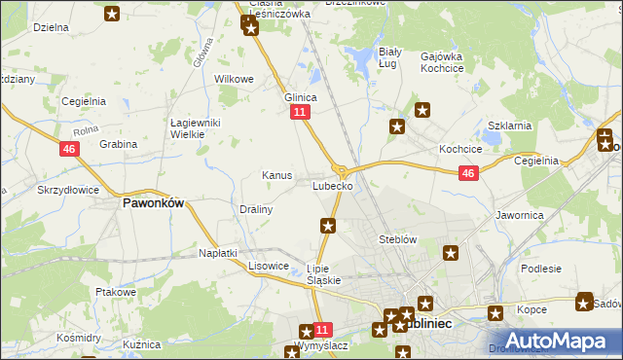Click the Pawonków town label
pyautogui.click(x=152, y=204)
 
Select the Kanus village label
pyautogui.click(x=277, y=175)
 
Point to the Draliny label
pyautogui.click(x=256, y=209)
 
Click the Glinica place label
pyautogui.click(x=301, y=97)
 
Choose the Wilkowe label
pyautogui.click(x=234, y=79)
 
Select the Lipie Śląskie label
pyautogui.click(x=323, y=273)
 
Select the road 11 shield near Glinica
pyautogui.click(x=300, y=113)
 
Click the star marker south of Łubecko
pyautogui.click(x=329, y=227)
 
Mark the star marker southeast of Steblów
pyautogui.click(x=452, y=255)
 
